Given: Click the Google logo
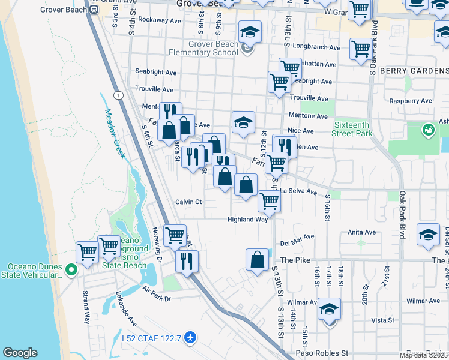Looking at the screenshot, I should click(20, 353).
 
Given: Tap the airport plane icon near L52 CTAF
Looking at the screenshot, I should click(191, 338).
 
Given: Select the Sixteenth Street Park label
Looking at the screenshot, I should click(352, 129).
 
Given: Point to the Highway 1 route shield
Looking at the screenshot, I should click(118, 96).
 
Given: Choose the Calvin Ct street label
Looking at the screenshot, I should click(188, 202).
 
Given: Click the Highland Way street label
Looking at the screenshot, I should click(247, 220).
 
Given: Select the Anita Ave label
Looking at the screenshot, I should click(361, 232).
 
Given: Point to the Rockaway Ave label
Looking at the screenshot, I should click(159, 20).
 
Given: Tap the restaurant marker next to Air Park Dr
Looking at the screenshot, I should click(187, 261).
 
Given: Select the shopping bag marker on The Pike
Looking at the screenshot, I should click(257, 260).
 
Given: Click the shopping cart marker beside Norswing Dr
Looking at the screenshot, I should click(175, 235).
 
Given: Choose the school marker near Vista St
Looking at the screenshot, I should click(329, 310).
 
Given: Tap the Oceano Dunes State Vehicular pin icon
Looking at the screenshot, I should click(71, 271).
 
